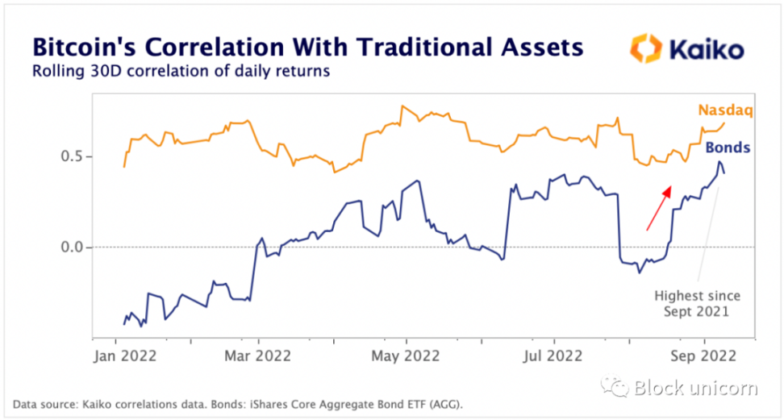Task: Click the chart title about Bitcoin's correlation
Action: pyautogui.click(x=307, y=46)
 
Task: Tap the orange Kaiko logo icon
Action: pyautogui.click(x=645, y=48)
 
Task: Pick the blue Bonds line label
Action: pyautogui.click(x=728, y=148)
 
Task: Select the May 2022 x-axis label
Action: pyautogui.click(x=407, y=355)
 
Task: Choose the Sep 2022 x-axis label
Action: pyautogui.click(x=705, y=355)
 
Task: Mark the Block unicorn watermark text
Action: pyautogui.click(x=694, y=389)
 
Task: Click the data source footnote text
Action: pyautogui.click(x=239, y=404)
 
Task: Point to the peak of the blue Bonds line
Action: pyautogui.click(x=719, y=162)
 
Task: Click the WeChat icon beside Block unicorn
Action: pyautogui.click(x=619, y=389)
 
